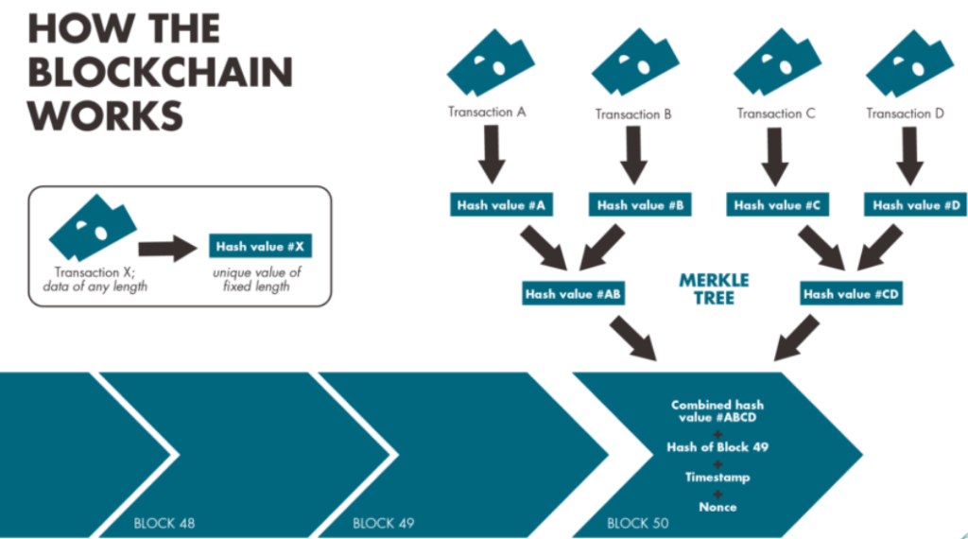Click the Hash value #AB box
(574, 294)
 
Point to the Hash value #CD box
(851, 294)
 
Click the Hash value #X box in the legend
(260, 247)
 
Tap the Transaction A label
(487, 112)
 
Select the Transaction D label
(905, 113)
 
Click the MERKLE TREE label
(714, 289)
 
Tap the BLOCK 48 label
(164, 522)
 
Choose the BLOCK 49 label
(384, 522)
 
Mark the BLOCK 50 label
(639, 522)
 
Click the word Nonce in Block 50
(717, 507)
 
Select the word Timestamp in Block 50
(717, 478)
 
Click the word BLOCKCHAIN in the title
(160, 72)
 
